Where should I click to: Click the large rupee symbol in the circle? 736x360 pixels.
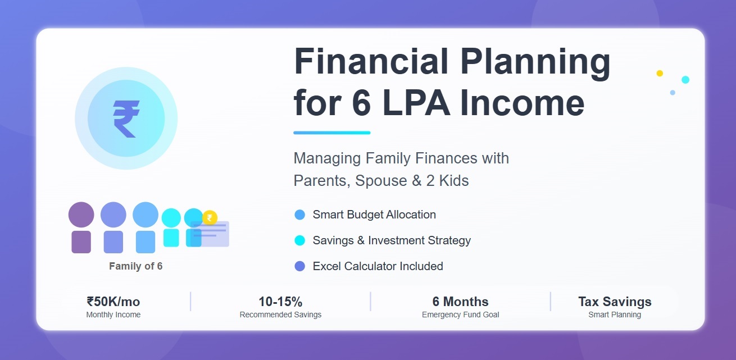coord(126,119)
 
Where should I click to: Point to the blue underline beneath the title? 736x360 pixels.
coord(332,133)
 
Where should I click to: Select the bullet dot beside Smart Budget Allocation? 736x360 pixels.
coord(300,215)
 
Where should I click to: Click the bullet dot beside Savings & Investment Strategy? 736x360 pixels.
coord(300,240)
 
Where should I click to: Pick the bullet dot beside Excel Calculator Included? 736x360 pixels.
coord(300,266)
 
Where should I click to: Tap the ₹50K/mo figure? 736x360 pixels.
coord(113,302)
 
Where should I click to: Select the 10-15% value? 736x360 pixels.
coord(280,302)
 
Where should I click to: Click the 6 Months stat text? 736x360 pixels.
coord(460,302)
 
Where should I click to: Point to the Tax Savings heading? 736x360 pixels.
coord(615,302)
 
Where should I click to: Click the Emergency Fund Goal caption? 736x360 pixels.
coord(460,315)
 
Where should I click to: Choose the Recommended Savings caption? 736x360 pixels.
coord(280,315)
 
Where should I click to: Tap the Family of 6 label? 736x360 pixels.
coord(135,266)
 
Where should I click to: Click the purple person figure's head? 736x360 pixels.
coord(81,215)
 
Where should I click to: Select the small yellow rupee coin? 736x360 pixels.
coord(210,218)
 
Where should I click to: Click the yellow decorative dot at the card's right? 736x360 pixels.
coord(660,74)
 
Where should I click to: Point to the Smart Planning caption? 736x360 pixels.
coord(615,315)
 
